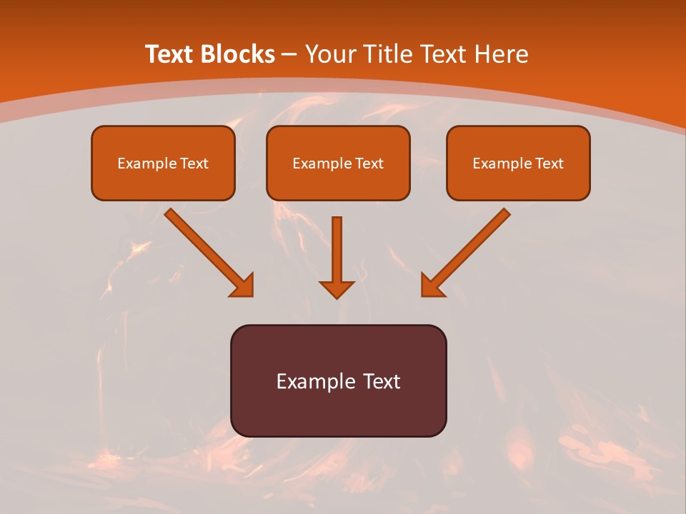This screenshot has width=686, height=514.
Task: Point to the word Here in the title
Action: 504,54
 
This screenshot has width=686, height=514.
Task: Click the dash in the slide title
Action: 289,55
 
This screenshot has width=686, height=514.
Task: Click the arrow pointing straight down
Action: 337,250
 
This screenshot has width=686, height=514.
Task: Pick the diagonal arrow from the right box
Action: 472,246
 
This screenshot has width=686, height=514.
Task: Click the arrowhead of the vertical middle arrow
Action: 337,289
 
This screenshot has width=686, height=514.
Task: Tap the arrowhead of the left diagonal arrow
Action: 243,286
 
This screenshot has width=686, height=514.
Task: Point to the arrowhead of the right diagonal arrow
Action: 432,286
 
